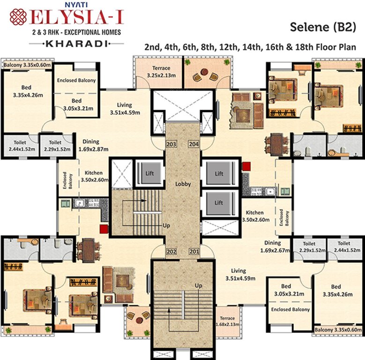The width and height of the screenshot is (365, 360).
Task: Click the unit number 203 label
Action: coord(171,144)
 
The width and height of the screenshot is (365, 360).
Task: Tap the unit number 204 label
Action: coord(194,144)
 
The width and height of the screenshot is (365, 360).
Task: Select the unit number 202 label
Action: coord(171,252)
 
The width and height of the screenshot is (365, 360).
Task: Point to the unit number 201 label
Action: coord(194,252)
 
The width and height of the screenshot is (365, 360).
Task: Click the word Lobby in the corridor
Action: coord(183,184)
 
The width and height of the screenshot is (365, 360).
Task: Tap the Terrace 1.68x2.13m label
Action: coord(227,321)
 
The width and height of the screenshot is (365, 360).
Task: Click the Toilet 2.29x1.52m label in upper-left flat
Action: coord(55,146)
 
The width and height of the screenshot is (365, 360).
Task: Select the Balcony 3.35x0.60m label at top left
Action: coord(27,64)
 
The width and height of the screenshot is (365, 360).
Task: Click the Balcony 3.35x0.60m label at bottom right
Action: coord(338,330)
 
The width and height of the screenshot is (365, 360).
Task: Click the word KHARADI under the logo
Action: coord(70,43)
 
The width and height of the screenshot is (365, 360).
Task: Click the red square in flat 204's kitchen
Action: coord(246,166)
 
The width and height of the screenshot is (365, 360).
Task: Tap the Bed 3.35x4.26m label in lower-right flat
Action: coord(335,291)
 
